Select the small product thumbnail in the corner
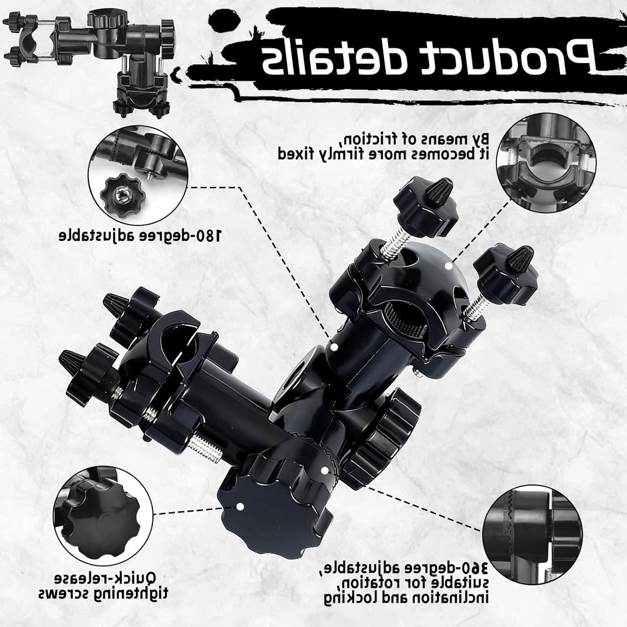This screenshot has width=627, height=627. pos(88,62)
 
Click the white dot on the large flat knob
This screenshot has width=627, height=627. pos(240,515)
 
